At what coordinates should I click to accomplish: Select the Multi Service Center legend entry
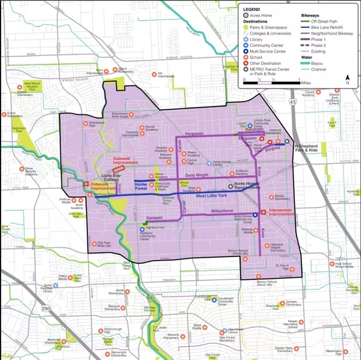point(269,51)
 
